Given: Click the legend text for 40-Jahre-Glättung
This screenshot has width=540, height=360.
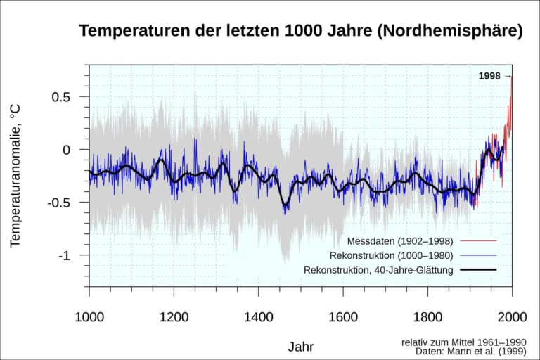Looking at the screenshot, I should (378, 269).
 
